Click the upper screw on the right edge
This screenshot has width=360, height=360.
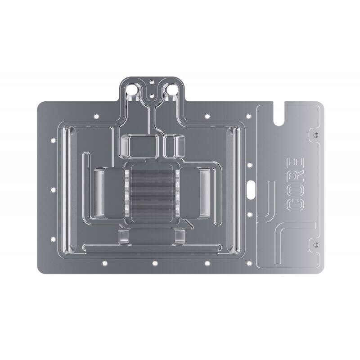click(315, 135)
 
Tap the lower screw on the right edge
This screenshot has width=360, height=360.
click(315, 243)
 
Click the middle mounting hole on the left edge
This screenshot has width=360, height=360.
click(53, 190)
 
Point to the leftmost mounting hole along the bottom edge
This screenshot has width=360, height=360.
click(104, 263)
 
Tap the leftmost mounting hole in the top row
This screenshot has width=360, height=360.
click(96, 117)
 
